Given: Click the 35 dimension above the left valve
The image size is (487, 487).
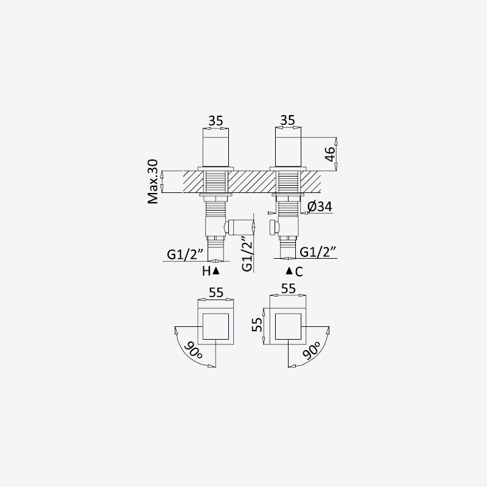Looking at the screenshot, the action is pos(216,121).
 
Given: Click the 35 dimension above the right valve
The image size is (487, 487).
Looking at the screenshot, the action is pos(287,120).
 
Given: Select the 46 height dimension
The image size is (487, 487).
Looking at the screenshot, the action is pos(330,154).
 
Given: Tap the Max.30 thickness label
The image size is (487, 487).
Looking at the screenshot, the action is pos(153,181).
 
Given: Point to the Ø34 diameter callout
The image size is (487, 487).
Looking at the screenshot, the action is pos(320,206).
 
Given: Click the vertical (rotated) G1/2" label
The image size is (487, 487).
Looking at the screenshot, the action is pos(247,254).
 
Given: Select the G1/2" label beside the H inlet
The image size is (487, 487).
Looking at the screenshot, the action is pos(185,254).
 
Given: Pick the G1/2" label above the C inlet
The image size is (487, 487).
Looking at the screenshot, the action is pos(318,251).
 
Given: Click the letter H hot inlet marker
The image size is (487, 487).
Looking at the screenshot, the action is pos(206,271).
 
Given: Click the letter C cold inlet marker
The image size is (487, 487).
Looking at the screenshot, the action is pos(299,272).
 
